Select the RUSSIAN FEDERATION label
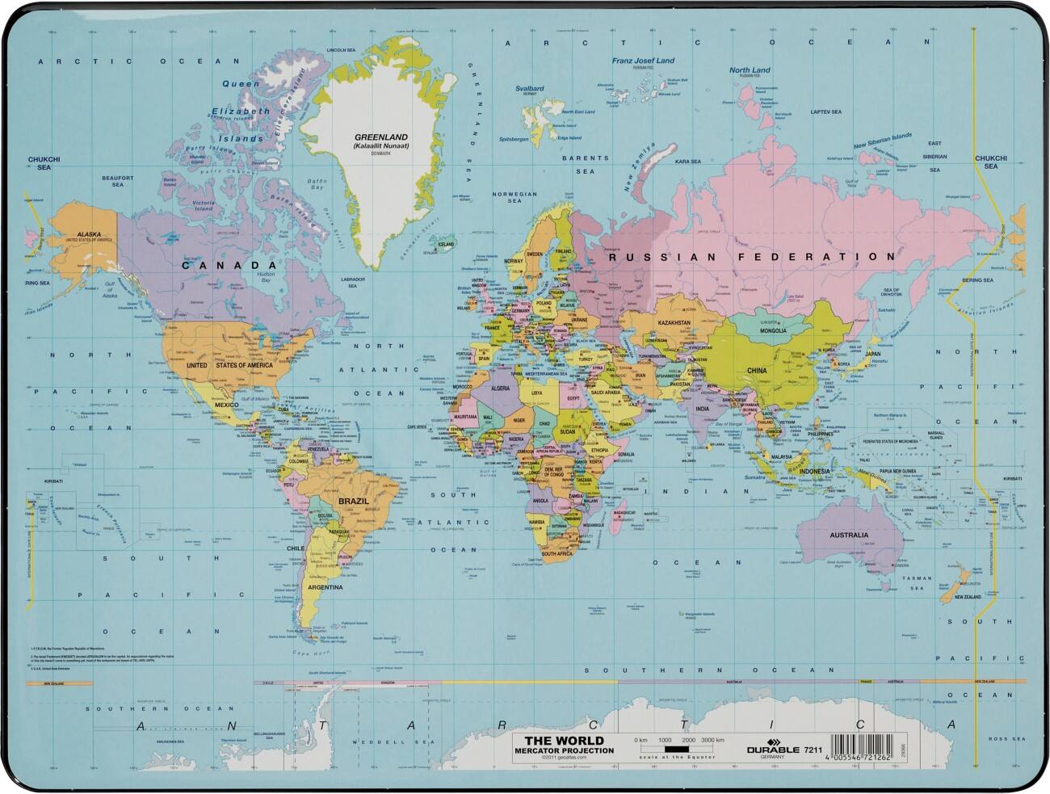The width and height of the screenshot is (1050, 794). (x=751, y=257)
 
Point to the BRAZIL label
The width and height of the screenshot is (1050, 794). (x=353, y=501)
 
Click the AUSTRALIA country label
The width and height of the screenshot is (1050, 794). (x=849, y=535)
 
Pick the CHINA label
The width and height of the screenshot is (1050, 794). (x=756, y=371)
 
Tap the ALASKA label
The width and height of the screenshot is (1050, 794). (x=89, y=234)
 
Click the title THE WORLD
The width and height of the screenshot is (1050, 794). (x=564, y=741)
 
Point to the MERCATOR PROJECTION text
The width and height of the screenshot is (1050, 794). (x=564, y=750)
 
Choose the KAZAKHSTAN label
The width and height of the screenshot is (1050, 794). (x=674, y=322)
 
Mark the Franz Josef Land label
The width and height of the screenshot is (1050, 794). (x=643, y=61)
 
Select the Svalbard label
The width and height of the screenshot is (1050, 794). (x=530, y=89)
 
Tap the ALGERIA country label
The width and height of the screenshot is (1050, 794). (x=501, y=389)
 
